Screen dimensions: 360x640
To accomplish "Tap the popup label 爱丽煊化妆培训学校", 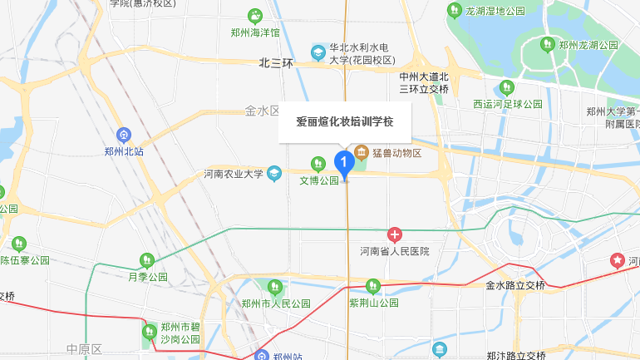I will pyautogui.click(x=344, y=121).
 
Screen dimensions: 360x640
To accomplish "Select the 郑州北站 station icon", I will pyautogui.click(x=124, y=134).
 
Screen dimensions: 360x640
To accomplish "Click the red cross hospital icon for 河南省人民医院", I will pyautogui.click(x=395, y=235).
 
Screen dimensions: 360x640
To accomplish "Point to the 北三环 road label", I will pyautogui.click(x=276, y=62).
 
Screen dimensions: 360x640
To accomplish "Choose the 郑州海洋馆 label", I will pyautogui.click(x=255, y=32).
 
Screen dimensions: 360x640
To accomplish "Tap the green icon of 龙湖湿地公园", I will pyautogui.click(x=454, y=11).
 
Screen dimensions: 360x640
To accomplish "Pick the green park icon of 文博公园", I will pyautogui.click(x=317, y=163).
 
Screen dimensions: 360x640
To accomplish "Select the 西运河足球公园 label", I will pyautogui.click(x=507, y=104).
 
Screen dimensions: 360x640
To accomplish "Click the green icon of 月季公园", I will pyautogui.click(x=148, y=260).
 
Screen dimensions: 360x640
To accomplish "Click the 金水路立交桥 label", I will pyautogui.click(x=515, y=285).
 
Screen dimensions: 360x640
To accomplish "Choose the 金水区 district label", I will pyautogui.click(x=263, y=111).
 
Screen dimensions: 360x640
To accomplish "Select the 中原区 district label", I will pyautogui.click(x=84, y=348).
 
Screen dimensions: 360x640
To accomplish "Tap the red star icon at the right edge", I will pyautogui.click(x=618, y=261).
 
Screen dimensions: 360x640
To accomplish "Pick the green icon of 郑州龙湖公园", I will pyautogui.click(x=548, y=44).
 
